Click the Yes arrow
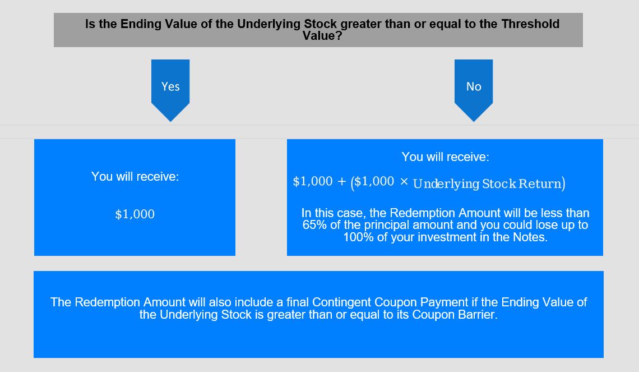pos(170,90)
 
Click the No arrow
pos(474,90)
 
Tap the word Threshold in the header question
pos(530,24)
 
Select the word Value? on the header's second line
pos(322,36)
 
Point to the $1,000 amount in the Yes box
pos(135,214)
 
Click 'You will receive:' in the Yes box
pos(135,176)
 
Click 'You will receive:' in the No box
pos(445,157)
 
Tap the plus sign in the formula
pos(341,182)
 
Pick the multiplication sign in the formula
pos(404,182)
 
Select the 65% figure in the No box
pos(314,225)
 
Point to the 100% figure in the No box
pos(358,237)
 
